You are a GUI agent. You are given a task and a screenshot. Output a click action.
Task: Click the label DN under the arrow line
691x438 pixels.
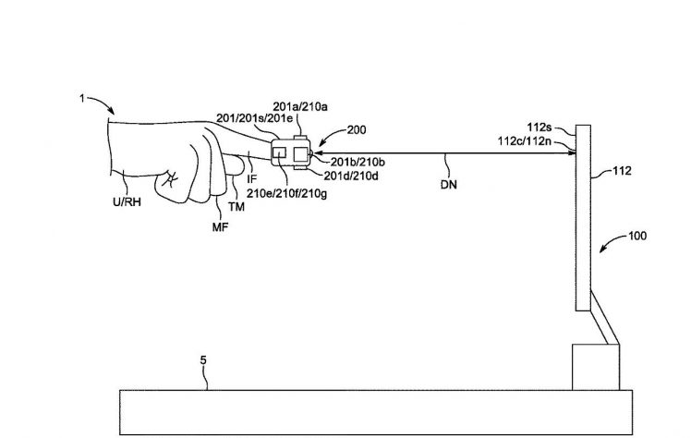pyautogui.click(x=449, y=185)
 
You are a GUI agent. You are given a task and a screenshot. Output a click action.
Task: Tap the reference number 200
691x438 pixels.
pyautogui.click(x=357, y=130)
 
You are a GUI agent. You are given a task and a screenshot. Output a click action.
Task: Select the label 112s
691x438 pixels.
pyautogui.click(x=539, y=128)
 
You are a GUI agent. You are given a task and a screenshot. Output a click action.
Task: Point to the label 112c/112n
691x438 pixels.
pyautogui.click(x=525, y=141)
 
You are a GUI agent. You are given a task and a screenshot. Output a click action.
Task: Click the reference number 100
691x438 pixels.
pyautogui.click(x=637, y=236)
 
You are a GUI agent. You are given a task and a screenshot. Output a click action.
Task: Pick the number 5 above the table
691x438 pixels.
pyautogui.click(x=203, y=360)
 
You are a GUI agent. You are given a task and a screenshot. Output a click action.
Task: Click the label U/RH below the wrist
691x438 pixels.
pyautogui.click(x=127, y=202)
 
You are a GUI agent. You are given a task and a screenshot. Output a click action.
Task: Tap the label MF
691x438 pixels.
pyautogui.click(x=221, y=227)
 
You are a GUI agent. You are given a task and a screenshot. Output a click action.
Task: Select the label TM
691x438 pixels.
pyautogui.click(x=236, y=207)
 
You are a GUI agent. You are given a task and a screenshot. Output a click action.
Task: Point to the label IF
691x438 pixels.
pyautogui.click(x=251, y=179)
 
